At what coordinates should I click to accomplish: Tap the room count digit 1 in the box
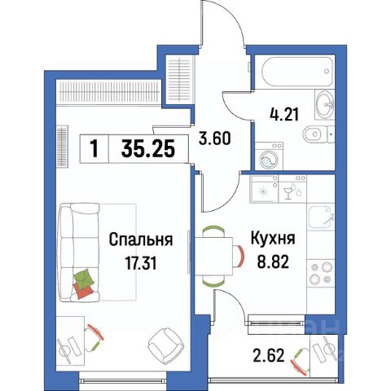[x=96, y=149]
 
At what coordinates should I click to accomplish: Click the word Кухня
[x=272, y=240]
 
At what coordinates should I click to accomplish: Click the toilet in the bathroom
[x=320, y=135]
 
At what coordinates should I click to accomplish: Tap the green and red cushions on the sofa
[x=85, y=283]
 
